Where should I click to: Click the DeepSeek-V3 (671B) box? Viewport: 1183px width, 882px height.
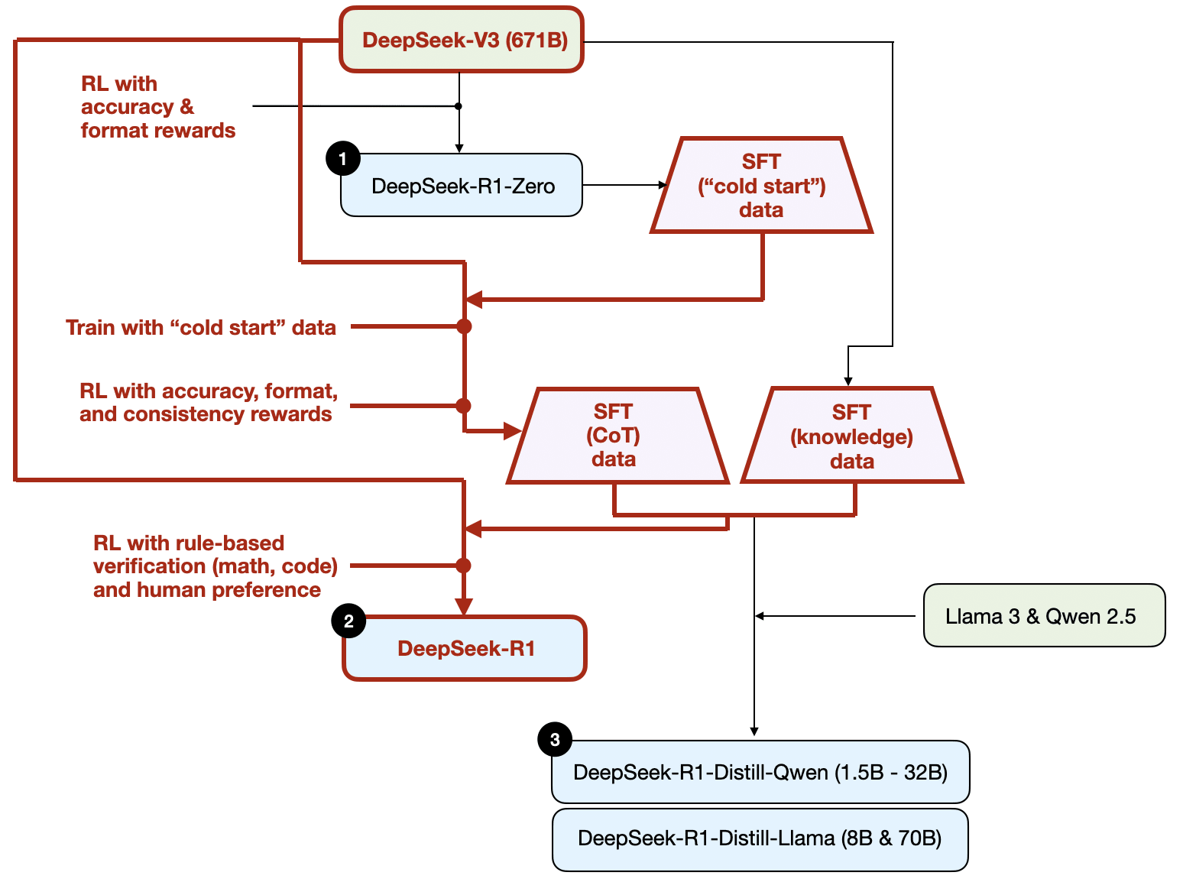tap(462, 39)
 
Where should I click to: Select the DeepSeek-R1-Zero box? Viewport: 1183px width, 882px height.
tap(462, 185)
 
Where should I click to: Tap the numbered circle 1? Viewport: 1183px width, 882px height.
tap(343, 158)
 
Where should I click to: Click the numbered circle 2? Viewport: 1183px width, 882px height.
tap(348, 621)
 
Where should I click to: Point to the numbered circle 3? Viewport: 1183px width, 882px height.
tap(555, 739)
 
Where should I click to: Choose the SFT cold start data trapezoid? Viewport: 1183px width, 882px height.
tap(761, 186)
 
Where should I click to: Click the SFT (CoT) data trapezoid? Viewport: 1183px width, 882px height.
tap(617, 436)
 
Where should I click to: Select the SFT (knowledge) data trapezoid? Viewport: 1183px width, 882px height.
tap(852, 436)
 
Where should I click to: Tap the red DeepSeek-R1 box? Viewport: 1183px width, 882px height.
tap(465, 648)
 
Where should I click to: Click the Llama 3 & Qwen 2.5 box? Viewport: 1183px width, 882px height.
tap(1045, 615)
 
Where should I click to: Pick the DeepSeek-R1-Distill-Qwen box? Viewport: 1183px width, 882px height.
tap(760, 772)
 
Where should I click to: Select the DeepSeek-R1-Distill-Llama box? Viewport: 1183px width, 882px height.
tap(760, 838)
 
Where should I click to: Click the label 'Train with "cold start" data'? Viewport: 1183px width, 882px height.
tap(200, 328)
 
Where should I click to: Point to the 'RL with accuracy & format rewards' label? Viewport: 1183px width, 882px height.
tap(158, 107)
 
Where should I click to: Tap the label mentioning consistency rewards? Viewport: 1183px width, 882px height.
tap(209, 403)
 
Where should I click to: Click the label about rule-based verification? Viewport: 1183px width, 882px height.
tap(215, 566)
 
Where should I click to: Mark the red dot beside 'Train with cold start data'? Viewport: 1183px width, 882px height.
tap(464, 326)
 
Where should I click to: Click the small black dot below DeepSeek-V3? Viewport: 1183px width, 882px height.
tap(458, 106)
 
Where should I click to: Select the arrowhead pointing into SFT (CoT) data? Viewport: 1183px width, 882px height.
tap(512, 431)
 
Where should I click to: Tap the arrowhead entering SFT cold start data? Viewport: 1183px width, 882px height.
tap(663, 185)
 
